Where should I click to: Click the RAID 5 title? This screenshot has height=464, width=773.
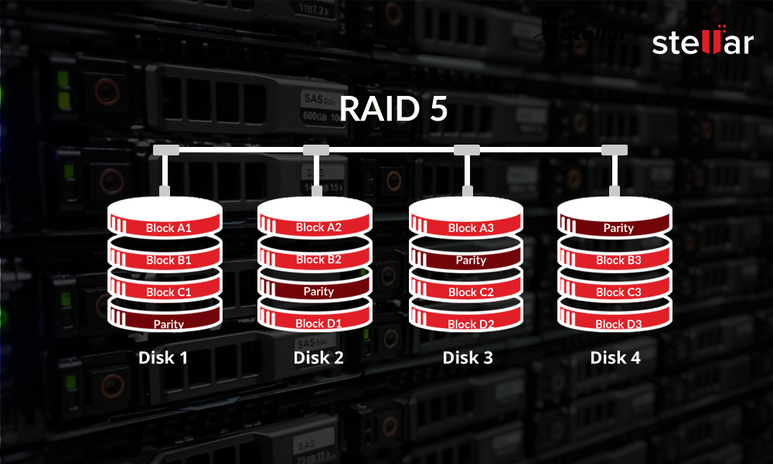click(393, 109)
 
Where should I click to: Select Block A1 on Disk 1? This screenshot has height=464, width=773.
click(168, 228)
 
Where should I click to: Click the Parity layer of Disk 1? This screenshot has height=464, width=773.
click(168, 324)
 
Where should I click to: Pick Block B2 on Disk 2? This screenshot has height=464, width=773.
click(318, 259)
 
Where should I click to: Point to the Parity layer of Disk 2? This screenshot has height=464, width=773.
click(318, 292)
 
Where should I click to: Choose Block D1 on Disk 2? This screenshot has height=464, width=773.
click(318, 323)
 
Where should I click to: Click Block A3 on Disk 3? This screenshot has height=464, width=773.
click(470, 228)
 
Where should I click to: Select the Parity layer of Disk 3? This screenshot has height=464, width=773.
click(470, 261)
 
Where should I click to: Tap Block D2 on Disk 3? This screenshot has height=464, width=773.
click(470, 324)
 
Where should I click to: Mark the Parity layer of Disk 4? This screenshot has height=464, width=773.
click(618, 228)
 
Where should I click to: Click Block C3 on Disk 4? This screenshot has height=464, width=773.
click(618, 292)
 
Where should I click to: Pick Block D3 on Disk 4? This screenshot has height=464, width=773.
click(618, 324)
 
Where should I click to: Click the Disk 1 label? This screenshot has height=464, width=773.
click(163, 358)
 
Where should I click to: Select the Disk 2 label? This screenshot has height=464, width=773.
click(318, 358)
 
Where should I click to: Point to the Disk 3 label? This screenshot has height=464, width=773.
click(468, 358)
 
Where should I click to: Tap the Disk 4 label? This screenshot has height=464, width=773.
click(615, 358)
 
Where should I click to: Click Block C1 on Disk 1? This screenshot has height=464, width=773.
click(168, 292)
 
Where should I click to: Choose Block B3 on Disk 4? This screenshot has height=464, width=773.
click(618, 261)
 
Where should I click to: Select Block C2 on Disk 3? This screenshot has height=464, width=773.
click(470, 292)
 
